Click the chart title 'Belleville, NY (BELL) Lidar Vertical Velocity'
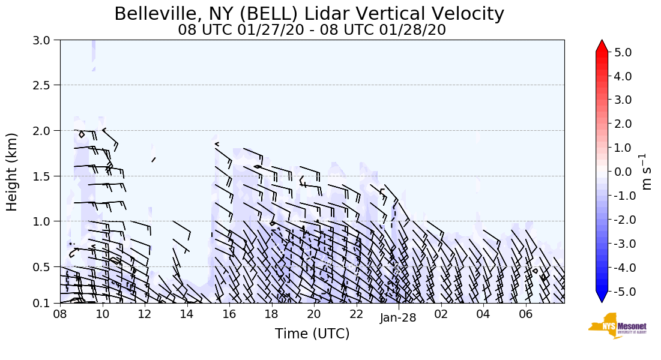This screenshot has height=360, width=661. tap(309, 13)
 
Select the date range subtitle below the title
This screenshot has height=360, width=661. tap(312, 29)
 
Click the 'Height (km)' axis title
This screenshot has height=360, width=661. tap(13, 172)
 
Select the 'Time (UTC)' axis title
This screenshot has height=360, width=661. tap(312, 334)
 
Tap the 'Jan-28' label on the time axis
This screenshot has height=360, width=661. tap(398, 318)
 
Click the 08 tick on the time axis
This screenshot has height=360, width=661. tap(60, 314)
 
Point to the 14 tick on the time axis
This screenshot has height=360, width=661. tap(187, 314)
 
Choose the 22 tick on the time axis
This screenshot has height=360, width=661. tap(356, 314)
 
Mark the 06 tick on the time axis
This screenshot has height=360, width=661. tap(525, 314)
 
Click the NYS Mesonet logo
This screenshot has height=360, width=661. tap(617, 326)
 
